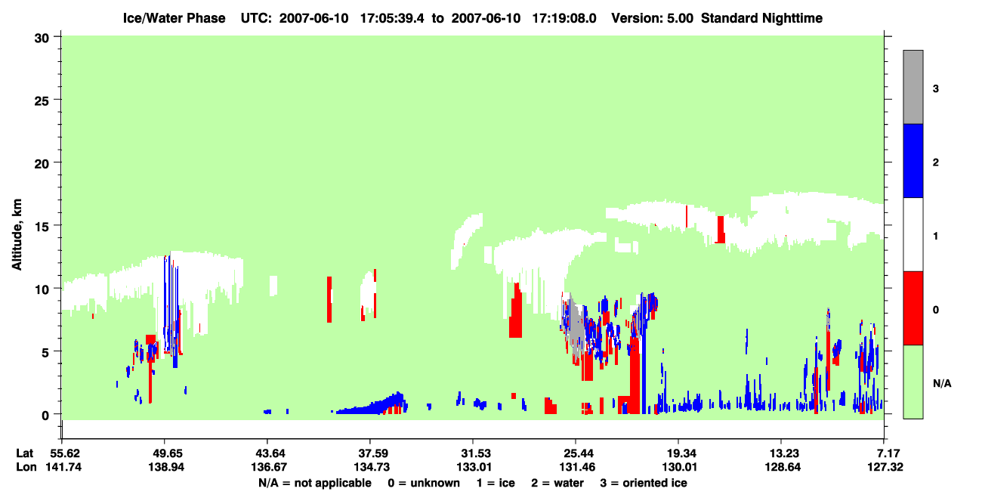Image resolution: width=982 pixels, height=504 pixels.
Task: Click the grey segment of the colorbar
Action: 913,87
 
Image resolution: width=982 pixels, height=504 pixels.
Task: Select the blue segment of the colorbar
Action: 913,160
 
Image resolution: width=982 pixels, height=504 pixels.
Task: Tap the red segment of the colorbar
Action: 913,308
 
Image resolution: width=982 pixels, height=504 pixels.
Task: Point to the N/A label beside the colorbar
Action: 942,383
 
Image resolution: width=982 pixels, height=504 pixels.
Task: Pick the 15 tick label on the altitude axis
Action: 42,227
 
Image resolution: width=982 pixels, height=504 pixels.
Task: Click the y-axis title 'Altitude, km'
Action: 17,235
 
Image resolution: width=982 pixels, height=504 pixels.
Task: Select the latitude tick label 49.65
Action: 166,453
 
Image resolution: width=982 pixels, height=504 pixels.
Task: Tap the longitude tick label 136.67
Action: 269,467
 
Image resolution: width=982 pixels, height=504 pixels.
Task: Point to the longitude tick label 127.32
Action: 885,467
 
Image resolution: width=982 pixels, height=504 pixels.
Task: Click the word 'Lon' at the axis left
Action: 26,467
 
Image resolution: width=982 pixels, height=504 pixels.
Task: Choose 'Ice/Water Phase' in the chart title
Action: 174,18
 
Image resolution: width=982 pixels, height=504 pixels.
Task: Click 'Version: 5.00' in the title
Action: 653,18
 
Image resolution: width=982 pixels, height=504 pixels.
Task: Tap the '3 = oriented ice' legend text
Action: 644,483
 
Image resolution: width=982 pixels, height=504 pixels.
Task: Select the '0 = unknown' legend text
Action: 424,483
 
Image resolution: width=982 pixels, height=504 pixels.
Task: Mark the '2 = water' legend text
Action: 557,483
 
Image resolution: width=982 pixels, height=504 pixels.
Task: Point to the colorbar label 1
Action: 935,236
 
